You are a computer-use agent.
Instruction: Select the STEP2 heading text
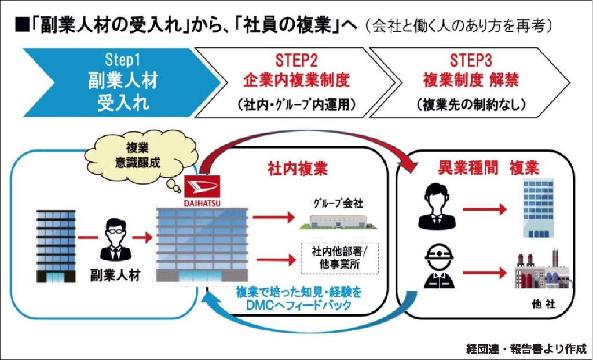296,61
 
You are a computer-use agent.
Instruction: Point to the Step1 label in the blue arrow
123,61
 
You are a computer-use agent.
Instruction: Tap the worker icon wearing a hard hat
439,267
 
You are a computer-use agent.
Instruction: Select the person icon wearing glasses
116,240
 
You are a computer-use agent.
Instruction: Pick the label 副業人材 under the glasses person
115,275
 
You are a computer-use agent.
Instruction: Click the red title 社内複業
297,169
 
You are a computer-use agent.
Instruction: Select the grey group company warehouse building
338,222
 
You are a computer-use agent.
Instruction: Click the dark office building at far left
56,246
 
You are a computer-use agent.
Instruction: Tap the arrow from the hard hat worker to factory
485,273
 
